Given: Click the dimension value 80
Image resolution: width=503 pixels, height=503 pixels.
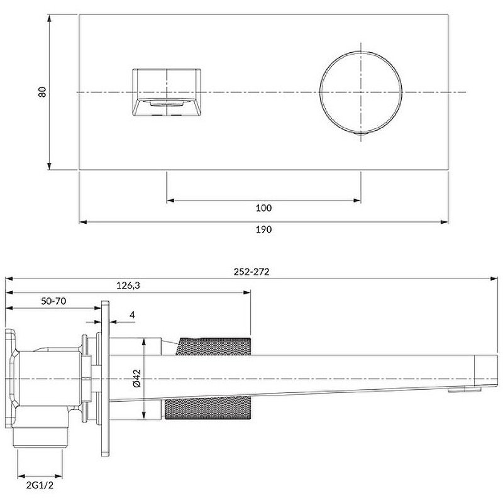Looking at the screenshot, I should click(42, 92).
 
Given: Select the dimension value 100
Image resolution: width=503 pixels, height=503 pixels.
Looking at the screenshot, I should click(264, 208).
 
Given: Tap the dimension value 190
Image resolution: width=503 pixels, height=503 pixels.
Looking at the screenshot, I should click(264, 229).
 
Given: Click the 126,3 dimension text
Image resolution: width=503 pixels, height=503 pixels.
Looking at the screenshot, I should click(128, 285).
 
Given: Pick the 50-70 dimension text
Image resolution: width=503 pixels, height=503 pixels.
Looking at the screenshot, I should click(53, 301).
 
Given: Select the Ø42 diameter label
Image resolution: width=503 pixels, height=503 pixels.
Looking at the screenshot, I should click(137, 379).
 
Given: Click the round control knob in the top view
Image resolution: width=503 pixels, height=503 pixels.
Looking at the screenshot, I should click(360, 92).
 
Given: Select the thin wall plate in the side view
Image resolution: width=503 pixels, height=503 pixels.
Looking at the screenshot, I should click(106, 377).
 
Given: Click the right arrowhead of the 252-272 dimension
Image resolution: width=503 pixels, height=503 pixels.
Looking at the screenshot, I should click(494, 278).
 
